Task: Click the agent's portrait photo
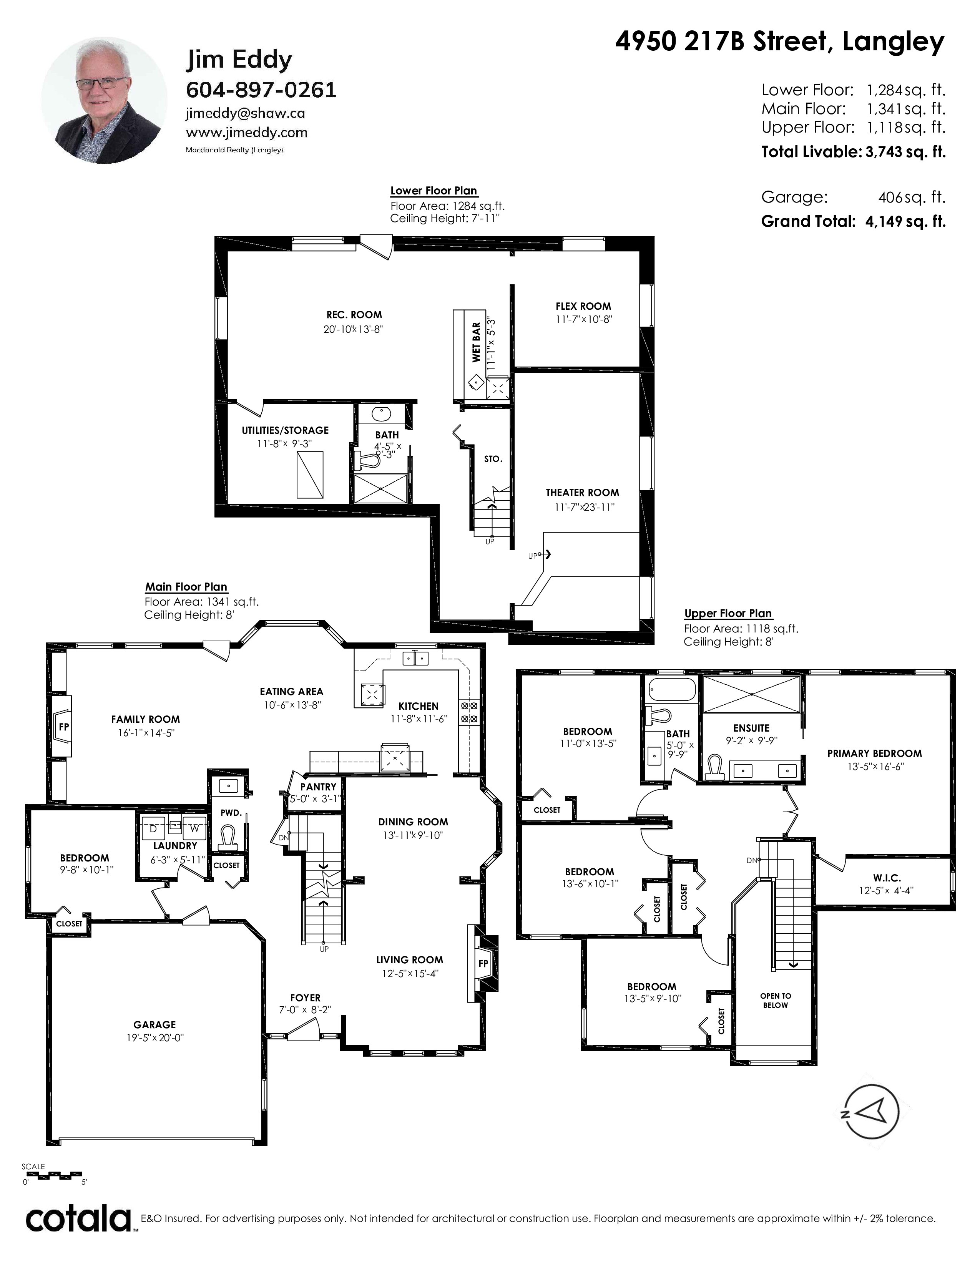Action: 102,100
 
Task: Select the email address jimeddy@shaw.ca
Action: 246,113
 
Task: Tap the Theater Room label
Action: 582,492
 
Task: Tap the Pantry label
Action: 318,787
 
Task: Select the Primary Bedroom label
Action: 874,753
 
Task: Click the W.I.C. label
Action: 887,878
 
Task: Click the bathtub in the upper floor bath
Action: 672,689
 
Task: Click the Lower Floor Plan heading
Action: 434,191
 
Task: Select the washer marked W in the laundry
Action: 194,829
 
